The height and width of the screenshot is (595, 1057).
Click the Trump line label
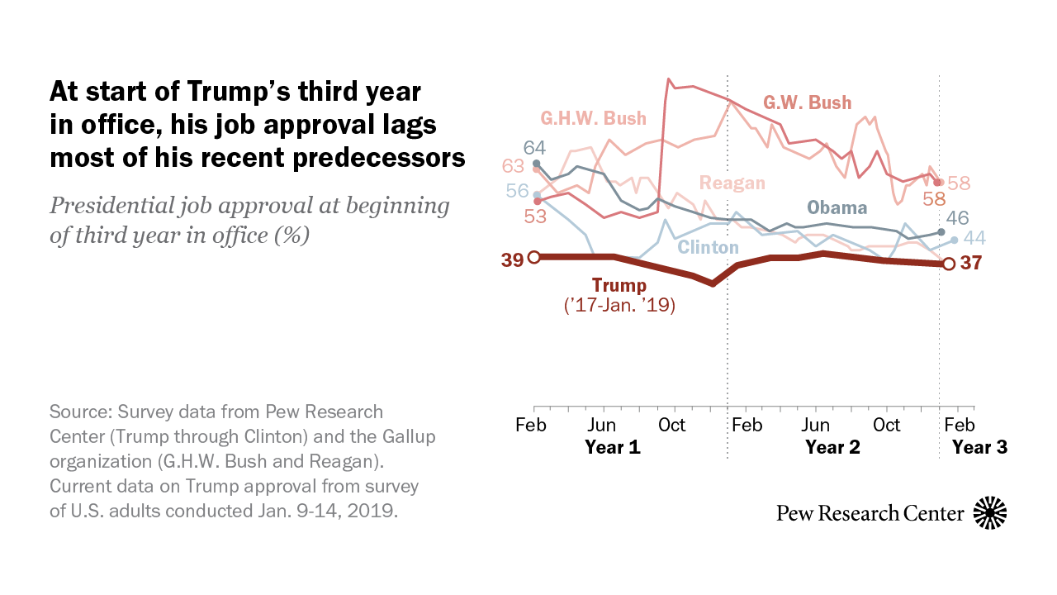tap(619, 286)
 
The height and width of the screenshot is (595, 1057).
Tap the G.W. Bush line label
tap(807, 103)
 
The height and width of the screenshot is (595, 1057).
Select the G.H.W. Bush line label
tap(593, 118)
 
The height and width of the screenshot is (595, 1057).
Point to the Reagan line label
tap(732, 183)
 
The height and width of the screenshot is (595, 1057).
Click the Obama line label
tap(837, 207)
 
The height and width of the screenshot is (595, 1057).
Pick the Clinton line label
tap(708, 247)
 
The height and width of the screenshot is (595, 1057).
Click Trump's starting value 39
tap(512, 259)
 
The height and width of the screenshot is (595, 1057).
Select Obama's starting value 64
tap(534, 148)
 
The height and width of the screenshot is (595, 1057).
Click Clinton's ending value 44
tap(975, 238)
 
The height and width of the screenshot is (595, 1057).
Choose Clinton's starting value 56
tap(517, 190)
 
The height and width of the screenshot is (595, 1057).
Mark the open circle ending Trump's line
tap(949, 264)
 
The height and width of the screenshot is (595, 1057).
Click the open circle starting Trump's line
tap(533, 258)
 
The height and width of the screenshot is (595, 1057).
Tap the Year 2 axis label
tap(832, 448)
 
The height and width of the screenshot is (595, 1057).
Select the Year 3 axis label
tap(979, 448)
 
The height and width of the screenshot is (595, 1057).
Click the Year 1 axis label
tap(613, 448)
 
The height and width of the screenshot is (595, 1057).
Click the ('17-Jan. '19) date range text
tap(619, 307)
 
